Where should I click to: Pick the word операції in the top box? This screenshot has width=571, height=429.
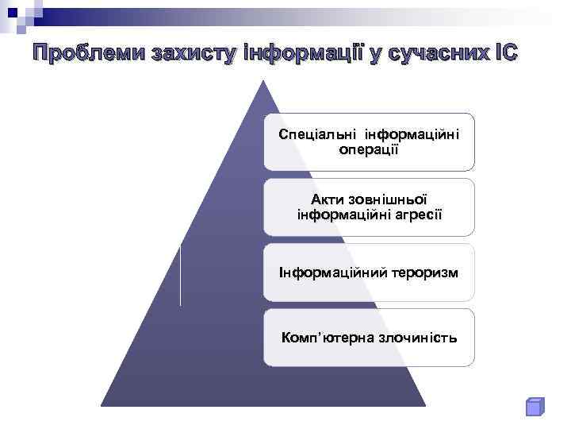369,149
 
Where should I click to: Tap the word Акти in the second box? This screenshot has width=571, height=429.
328,199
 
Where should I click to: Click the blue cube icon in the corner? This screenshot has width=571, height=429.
535,406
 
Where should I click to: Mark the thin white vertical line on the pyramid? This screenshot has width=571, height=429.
181,275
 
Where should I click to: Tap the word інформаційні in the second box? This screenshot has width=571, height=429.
336,214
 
